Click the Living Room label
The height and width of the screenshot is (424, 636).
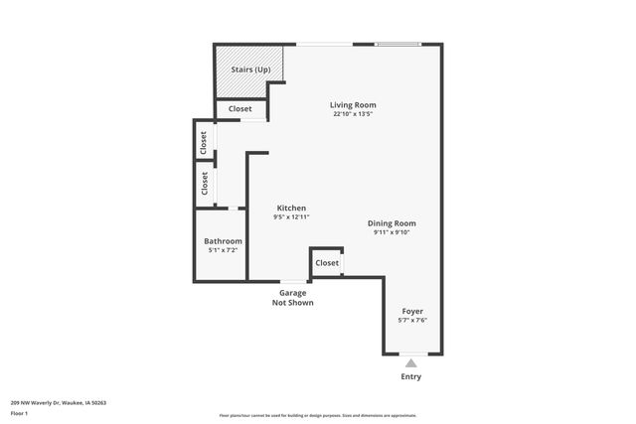pos(353,104)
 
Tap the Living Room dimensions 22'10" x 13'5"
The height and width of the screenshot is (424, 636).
pos(353,113)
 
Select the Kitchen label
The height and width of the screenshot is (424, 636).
pos(291,208)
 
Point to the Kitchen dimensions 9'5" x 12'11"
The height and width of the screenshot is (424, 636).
pos(291,216)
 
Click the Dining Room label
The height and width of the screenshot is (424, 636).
pos(392,223)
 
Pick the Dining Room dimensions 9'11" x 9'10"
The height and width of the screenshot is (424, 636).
pos(392,232)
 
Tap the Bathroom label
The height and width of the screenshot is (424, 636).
pos(223,241)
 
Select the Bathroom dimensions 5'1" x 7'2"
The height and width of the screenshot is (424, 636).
pos(223,250)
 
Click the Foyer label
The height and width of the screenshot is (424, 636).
pos(411,311)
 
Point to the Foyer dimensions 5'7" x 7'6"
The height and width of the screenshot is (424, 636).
pos(411,320)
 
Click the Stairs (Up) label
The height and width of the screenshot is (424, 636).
pos(250,70)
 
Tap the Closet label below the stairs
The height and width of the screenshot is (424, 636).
pos(240,109)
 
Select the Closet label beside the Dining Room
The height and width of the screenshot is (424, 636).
pos(326,263)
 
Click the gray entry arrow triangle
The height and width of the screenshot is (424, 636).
pos(411,363)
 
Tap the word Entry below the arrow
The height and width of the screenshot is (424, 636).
pos(411,376)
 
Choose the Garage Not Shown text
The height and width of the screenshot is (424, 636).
pos(292,298)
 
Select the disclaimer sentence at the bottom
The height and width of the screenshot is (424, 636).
pos(318,415)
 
